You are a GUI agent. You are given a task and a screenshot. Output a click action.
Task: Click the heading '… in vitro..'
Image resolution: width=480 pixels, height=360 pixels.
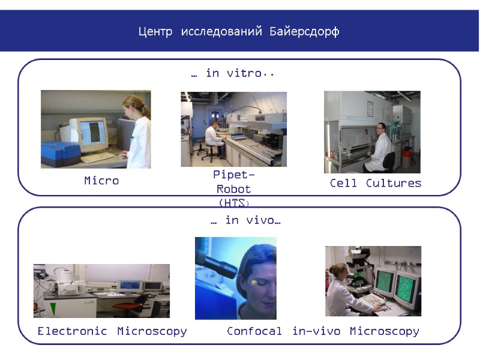(233, 73)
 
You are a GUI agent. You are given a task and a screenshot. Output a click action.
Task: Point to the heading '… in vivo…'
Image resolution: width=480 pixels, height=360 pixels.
(245, 221)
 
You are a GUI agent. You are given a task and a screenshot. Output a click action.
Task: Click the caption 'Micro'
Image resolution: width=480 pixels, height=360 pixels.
(101, 181)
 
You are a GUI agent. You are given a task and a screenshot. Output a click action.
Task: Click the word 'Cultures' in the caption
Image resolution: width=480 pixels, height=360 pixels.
(394, 183)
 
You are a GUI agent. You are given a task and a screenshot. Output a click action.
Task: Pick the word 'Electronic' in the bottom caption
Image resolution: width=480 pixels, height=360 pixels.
(72, 331)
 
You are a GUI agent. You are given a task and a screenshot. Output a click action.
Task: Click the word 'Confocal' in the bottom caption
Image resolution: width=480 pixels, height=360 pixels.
(254, 331)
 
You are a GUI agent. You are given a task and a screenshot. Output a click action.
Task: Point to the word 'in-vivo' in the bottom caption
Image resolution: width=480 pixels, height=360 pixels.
(316, 331)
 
